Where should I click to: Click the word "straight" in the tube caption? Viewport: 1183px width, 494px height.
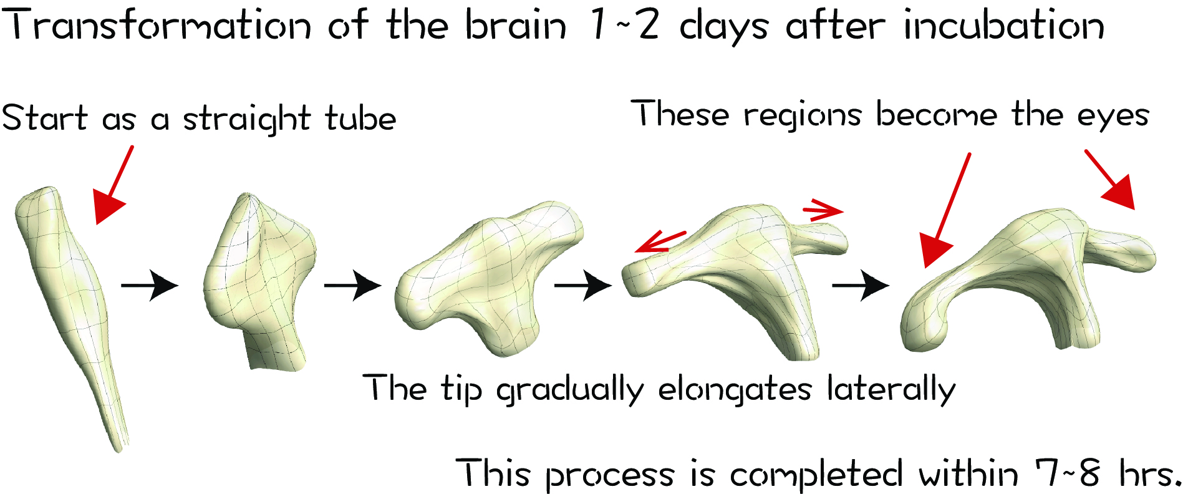click(246, 119)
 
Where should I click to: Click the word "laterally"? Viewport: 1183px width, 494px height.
click(891, 389)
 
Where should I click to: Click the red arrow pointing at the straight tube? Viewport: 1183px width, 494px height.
click(113, 184)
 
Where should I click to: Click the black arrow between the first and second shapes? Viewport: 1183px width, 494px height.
click(150, 285)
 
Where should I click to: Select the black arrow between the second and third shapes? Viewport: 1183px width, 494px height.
click(352, 285)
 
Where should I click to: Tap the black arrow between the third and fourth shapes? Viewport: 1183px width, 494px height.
click(583, 285)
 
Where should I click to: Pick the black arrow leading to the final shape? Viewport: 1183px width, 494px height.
click(861, 285)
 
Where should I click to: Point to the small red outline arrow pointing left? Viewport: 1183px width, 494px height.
click(661, 242)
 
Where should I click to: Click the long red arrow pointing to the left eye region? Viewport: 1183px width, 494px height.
click(945, 210)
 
